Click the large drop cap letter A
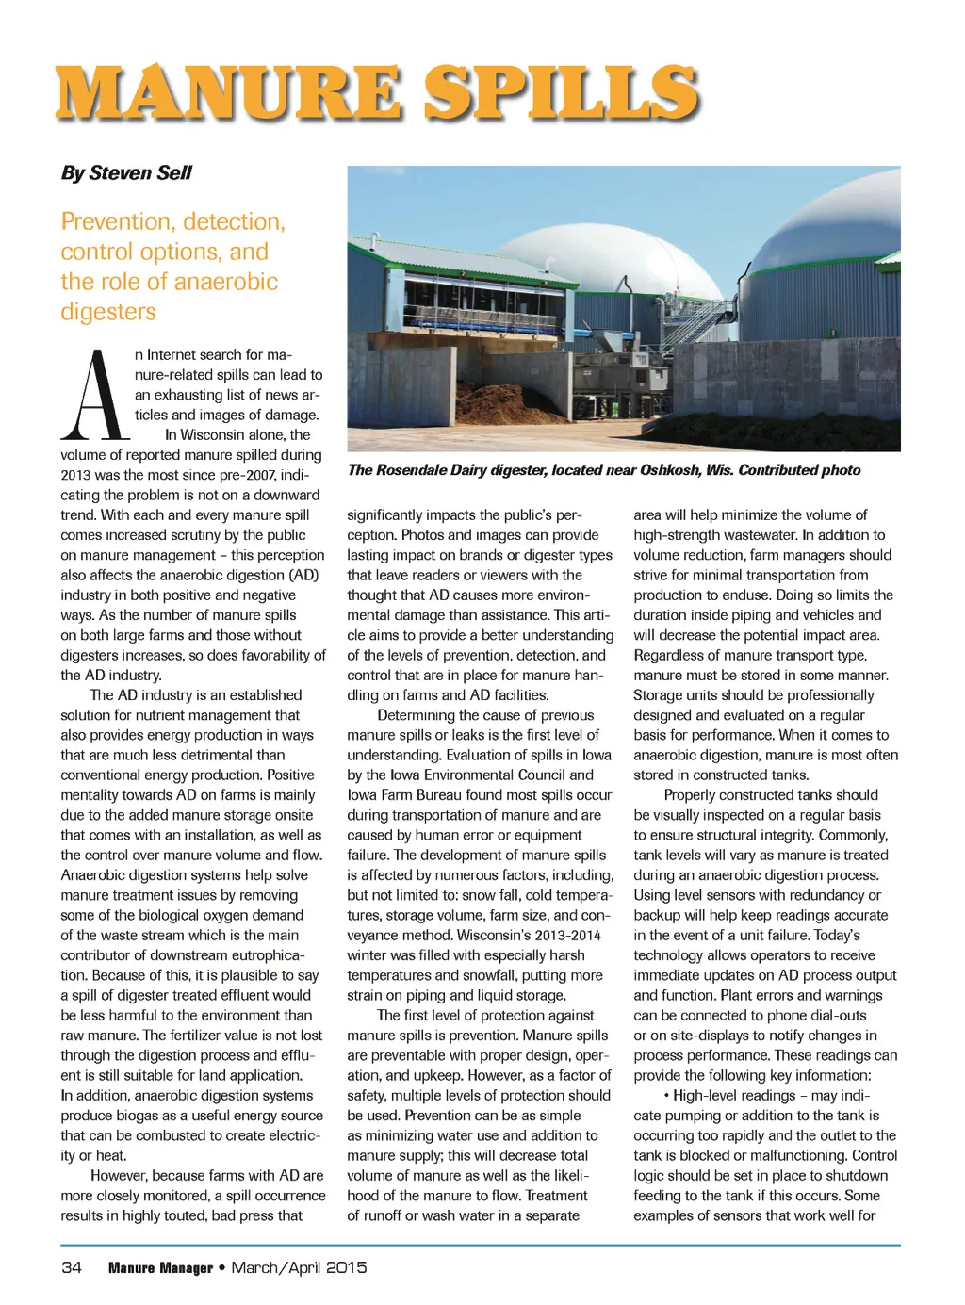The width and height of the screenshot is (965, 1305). point(94,396)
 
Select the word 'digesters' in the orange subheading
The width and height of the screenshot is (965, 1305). point(108,312)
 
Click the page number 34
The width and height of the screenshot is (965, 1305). point(72,1267)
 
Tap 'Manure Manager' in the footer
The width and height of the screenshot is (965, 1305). point(160,1268)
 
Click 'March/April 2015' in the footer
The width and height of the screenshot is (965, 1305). point(299,1267)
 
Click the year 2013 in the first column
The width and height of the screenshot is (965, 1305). point(76,476)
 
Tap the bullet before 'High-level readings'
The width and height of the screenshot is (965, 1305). point(666,1096)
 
